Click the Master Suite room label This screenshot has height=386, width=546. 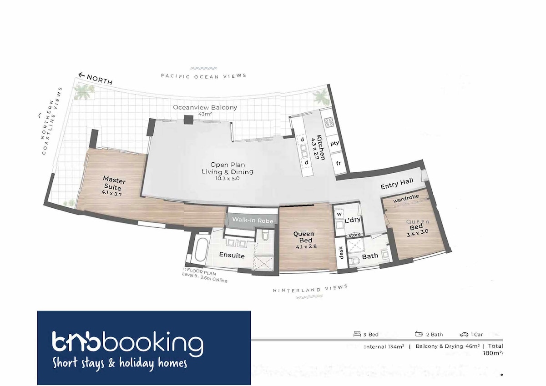(x=114, y=183)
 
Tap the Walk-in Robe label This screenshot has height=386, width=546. (x=253, y=221)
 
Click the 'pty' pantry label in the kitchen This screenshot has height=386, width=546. (x=334, y=143)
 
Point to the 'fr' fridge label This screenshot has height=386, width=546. (x=339, y=163)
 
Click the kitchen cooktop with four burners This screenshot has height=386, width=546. (x=329, y=122)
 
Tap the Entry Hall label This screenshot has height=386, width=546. (x=397, y=184)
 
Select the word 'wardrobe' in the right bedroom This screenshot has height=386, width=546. (x=406, y=199)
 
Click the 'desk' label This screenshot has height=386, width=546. (x=341, y=252)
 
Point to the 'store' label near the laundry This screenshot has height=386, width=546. (x=354, y=235)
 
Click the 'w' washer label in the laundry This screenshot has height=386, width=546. (x=339, y=214)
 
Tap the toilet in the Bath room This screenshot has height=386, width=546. (x=356, y=261)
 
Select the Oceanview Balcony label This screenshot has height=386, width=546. (x=205, y=107)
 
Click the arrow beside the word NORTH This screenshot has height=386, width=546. (x=81, y=75)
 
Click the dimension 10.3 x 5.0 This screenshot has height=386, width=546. (x=227, y=178)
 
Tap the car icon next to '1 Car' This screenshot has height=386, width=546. (x=464, y=335)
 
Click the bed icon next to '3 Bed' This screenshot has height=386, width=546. (x=357, y=334)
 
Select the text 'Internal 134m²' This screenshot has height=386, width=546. (x=384, y=346)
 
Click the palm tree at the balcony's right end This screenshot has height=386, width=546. (x=321, y=97)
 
